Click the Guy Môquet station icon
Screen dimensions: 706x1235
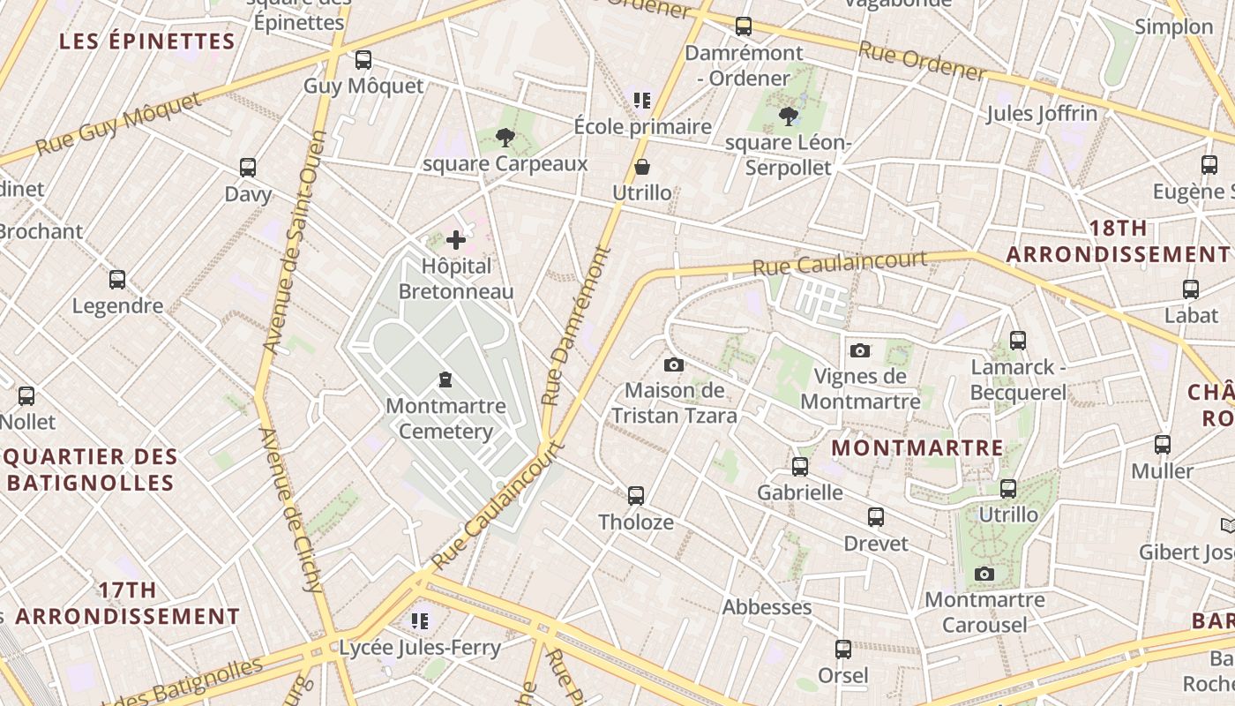click(363, 60)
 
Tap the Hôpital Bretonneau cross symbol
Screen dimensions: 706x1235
click(456, 239)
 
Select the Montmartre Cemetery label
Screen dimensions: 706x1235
click(445, 418)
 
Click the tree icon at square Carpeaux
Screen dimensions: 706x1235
click(505, 137)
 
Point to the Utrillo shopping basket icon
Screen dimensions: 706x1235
click(642, 166)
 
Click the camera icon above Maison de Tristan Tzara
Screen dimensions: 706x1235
click(673, 364)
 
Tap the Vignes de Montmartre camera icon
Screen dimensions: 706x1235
click(860, 350)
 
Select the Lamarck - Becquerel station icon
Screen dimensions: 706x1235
click(1018, 340)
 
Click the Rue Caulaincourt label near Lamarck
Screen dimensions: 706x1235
click(839, 262)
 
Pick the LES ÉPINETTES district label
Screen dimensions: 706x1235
click(147, 41)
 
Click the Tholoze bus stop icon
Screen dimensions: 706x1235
click(636, 496)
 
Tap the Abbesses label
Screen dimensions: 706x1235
click(767, 607)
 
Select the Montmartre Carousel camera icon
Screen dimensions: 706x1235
click(984, 575)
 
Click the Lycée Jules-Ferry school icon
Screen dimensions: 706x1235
click(420, 621)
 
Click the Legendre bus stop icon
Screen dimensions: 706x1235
click(117, 280)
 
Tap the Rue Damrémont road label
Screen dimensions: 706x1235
click(578, 327)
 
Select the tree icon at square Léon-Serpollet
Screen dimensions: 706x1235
click(789, 116)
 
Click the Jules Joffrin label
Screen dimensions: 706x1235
click(1041, 113)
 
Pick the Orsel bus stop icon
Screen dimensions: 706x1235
click(843, 650)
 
